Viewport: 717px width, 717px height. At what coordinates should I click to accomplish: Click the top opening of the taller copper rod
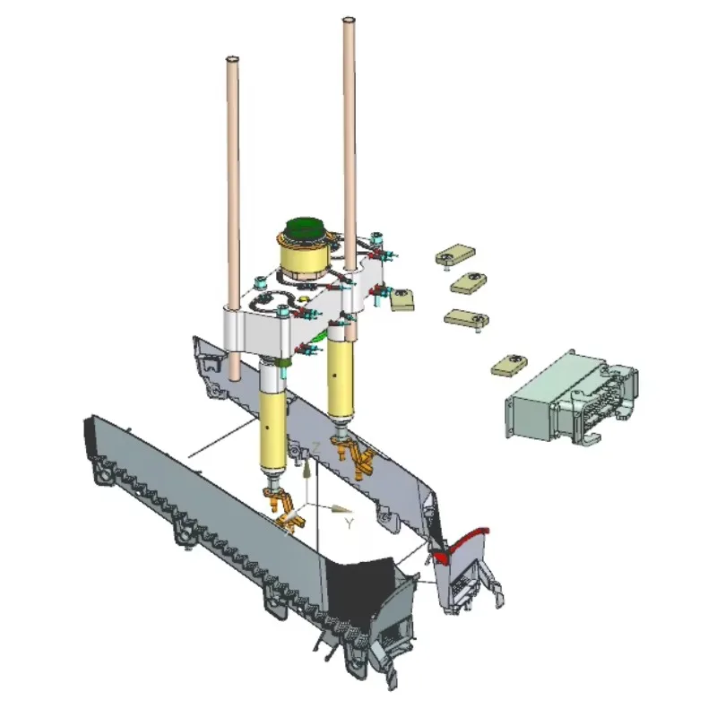pyautogui.click(x=349, y=21)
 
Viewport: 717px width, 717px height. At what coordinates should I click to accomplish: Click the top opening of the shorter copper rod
pyautogui.click(x=232, y=59)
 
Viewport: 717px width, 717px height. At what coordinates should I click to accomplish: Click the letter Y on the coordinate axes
pyautogui.click(x=350, y=524)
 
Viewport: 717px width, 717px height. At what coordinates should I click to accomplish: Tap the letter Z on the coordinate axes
pyautogui.click(x=315, y=448)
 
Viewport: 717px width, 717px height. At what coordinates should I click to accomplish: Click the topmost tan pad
pyautogui.click(x=455, y=254)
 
